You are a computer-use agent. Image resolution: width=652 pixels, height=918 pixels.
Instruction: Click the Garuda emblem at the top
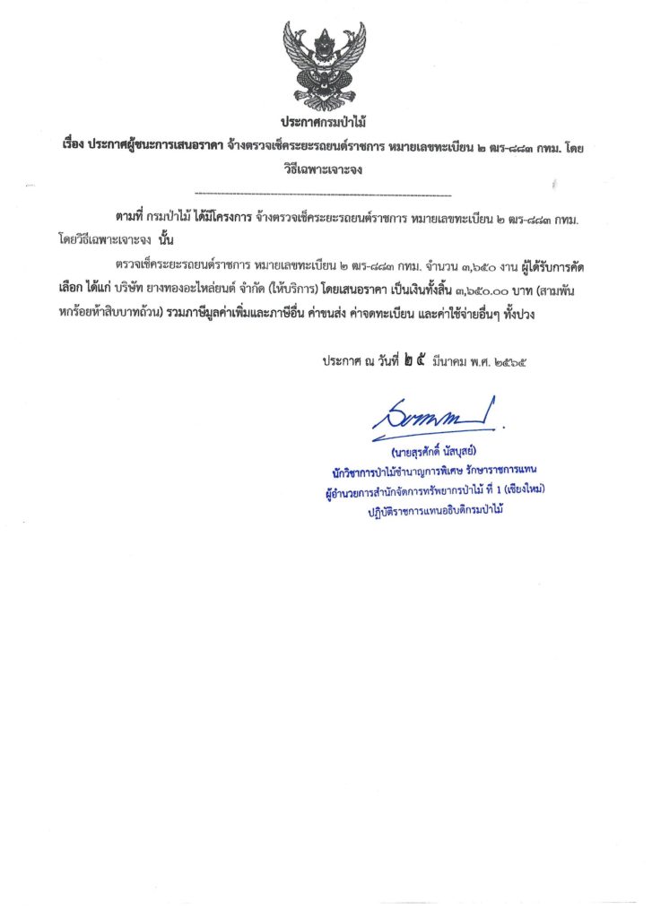point(324,64)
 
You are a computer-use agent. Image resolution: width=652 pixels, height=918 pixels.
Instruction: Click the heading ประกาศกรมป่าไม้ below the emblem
point(325,122)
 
